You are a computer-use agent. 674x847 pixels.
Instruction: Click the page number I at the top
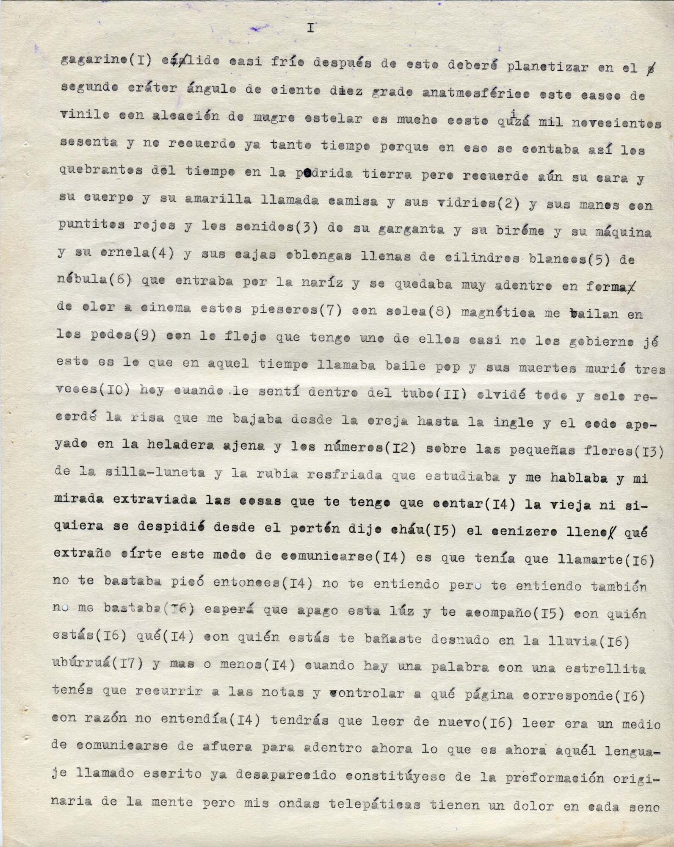tap(311, 28)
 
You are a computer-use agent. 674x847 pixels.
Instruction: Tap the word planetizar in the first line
tap(549, 67)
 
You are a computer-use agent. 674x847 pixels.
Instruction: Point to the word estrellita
tap(605, 669)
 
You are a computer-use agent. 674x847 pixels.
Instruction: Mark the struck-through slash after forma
tap(633, 287)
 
